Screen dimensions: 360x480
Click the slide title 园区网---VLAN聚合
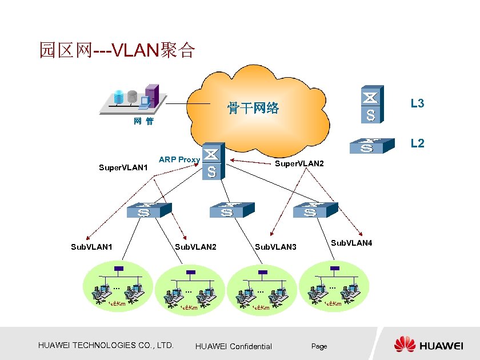pyautogui.click(x=117, y=50)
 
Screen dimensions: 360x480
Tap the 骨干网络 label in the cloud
pyautogui.click(x=253, y=107)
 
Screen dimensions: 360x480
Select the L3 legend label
pyautogui.click(x=417, y=103)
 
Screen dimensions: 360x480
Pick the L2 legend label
pyautogui.click(x=417, y=143)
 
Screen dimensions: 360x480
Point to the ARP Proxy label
pyautogui.click(x=179, y=159)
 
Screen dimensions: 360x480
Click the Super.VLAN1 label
pyautogui.click(x=123, y=168)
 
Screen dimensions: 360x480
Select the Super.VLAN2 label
pyautogui.click(x=299, y=164)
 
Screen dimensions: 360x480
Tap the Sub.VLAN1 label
pyautogui.click(x=91, y=247)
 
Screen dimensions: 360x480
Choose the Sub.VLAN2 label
pyautogui.click(x=195, y=247)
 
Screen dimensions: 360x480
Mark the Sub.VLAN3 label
pyautogui.click(x=276, y=247)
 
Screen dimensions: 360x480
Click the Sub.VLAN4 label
pyautogui.click(x=351, y=243)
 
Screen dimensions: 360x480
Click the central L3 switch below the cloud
pyautogui.click(x=213, y=161)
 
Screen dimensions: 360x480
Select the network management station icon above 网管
pyautogui.click(x=132, y=99)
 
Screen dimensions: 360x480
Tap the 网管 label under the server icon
pyautogui.click(x=143, y=122)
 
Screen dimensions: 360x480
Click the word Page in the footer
pyautogui.click(x=319, y=346)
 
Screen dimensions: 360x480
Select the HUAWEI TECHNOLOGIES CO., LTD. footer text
pyautogui.click(x=105, y=345)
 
